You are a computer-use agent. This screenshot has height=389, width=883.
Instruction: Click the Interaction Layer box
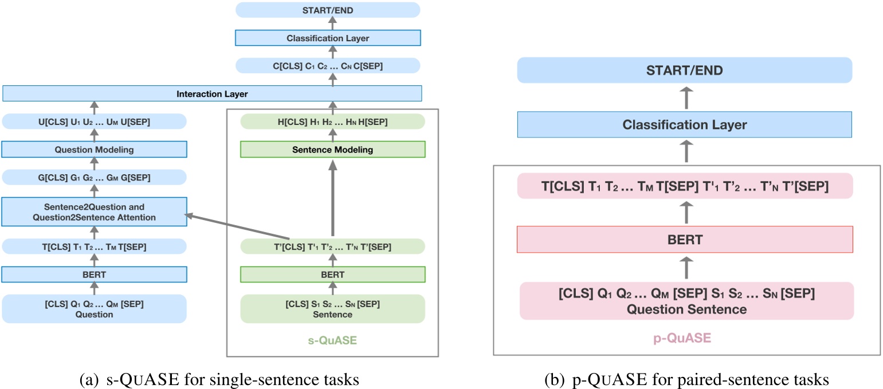click(212, 93)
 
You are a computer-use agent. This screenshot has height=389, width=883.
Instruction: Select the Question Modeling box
click(95, 150)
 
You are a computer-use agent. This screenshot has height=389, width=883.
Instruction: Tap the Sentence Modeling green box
click(332, 150)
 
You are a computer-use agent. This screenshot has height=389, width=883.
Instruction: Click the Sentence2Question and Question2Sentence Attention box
click(95, 212)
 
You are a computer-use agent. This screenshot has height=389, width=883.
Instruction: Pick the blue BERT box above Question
click(95, 274)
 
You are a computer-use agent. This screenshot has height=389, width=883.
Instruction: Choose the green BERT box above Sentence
click(332, 274)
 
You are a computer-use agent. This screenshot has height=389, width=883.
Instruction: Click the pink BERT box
click(685, 239)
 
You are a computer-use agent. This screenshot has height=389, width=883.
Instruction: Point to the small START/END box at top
click(328, 10)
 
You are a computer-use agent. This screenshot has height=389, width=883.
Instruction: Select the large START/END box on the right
click(685, 71)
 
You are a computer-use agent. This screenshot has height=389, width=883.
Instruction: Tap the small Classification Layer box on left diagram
click(328, 38)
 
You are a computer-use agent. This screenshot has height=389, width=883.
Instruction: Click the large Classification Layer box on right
click(685, 125)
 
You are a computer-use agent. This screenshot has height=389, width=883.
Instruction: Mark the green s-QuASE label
click(332, 340)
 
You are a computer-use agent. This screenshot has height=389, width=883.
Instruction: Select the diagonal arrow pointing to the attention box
click(235, 226)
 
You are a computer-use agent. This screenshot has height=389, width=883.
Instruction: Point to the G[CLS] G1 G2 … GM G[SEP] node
click(95, 178)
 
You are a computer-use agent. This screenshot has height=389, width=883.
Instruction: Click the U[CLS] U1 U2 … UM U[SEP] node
click(95, 121)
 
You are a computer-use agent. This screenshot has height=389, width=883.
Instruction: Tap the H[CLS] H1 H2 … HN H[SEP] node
click(332, 121)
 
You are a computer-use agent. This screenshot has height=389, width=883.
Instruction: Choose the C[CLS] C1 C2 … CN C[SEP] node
click(328, 66)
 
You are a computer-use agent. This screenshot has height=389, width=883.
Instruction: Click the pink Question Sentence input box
click(686, 301)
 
